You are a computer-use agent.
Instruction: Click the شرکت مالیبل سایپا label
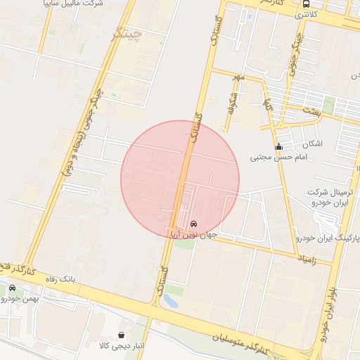click(x=74, y=4)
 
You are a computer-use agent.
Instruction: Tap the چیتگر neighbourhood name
click(x=127, y=33)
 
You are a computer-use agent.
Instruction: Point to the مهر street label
click(x=239, y=77)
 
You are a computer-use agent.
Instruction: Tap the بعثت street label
click(x=310, y=111)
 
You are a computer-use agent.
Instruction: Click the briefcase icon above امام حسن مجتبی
click(x=278, y=147)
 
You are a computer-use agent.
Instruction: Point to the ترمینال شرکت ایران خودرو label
click(x=330, y=198)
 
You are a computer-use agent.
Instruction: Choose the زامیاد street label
click(x=307, y=260)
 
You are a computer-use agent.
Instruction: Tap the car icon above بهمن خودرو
click(x=13, y=288)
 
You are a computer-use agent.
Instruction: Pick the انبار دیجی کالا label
click(x=124, y=346)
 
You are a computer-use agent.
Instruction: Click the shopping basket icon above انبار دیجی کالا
click(x=124, y=335)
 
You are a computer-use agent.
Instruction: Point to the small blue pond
click(x=169, y=301)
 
